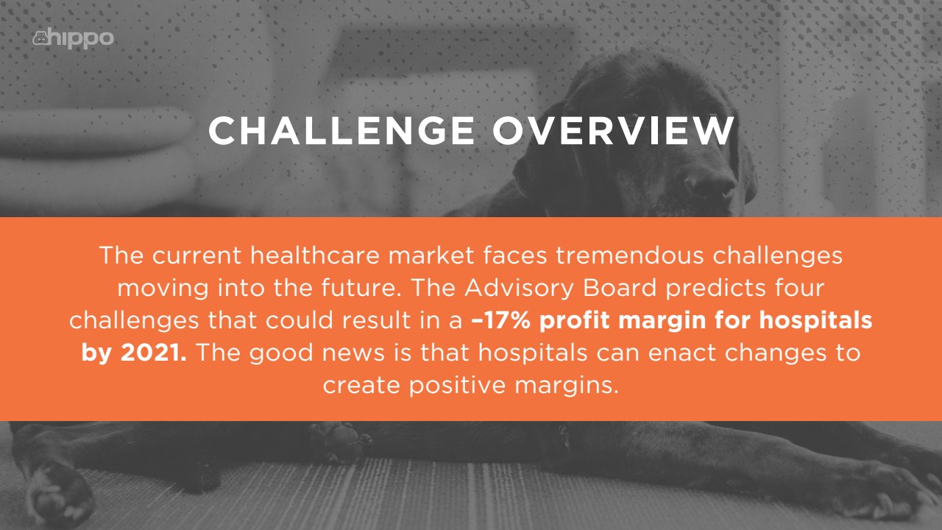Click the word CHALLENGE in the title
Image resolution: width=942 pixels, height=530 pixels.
tap(341, 130)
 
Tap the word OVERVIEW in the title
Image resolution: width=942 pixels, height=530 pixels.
tap(614, 130)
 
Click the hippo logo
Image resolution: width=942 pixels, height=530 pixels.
tap(73, 39)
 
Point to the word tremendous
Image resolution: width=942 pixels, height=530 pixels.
tap(629, 255)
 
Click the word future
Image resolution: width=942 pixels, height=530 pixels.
tap(361, 288)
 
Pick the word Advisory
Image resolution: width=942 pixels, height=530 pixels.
tap(520, 289)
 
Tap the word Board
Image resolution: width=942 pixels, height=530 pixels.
tap(620, 288)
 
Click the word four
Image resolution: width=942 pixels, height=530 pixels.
tap(800, 288)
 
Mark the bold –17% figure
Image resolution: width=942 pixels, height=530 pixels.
tap(501, 320)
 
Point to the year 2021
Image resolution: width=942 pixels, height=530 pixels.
tap(154, 353)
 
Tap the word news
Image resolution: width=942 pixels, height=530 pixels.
tap(353, 353)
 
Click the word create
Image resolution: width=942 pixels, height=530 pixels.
tap(361, 385)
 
